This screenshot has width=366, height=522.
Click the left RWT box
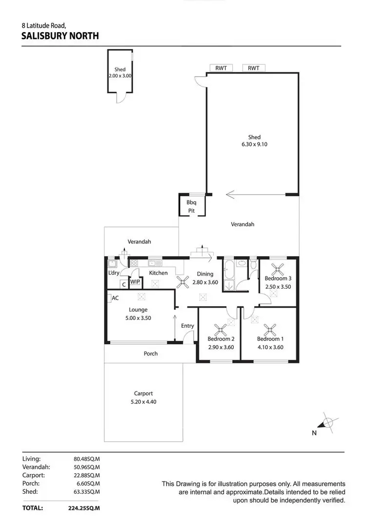[x=221, y=68]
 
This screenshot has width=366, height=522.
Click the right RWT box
[x=253, y=68]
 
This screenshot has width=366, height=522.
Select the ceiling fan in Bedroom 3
[x=278, y=268]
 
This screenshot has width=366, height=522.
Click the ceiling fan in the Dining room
[x=184, y=281]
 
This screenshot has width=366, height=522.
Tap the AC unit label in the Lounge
[x=115, y=298]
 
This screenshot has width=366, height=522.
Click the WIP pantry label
[x=135, y=282]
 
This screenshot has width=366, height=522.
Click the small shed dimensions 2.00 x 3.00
[x=120, y=76]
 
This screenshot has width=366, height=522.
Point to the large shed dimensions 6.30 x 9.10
[x=254, y=144]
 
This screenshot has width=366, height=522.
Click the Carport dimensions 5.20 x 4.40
[x=143, y=402]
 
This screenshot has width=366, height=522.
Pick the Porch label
[x=151, y=354]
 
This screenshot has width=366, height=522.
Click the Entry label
[x=187, y=326]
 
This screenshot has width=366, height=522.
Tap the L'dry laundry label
[x=114, y=273]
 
